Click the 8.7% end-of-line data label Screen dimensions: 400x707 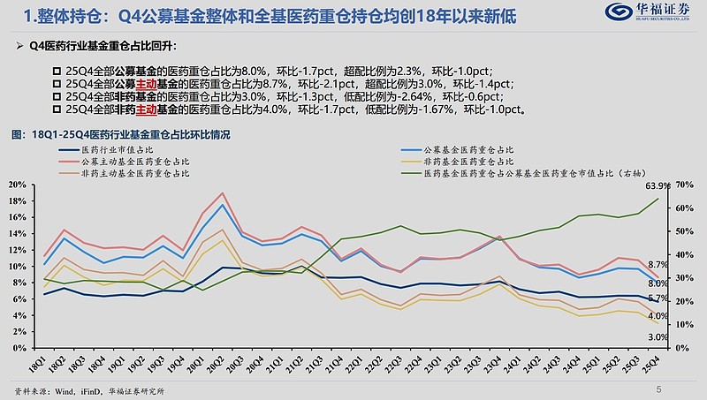coord(658,265)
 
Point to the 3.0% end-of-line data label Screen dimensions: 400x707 coord(658,336)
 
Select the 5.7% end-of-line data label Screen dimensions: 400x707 coord(658,299)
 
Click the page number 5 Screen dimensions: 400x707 coord(658,389)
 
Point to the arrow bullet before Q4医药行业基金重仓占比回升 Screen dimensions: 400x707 coord(20,44)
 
